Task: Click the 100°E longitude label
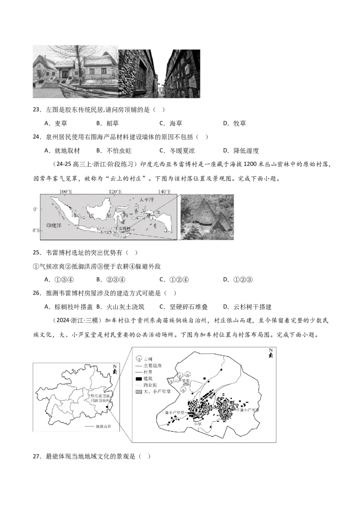66,192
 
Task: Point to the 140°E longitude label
164,192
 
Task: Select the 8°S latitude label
34,231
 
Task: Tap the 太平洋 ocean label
147,199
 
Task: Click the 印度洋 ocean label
53,224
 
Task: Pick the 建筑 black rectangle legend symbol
138,378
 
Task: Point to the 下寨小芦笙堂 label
249,410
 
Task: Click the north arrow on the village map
270,354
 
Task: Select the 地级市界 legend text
103,427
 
